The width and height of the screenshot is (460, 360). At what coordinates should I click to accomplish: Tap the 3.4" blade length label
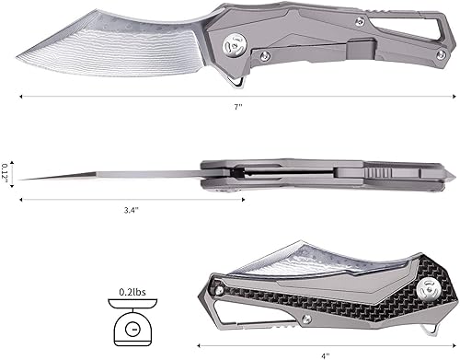132,210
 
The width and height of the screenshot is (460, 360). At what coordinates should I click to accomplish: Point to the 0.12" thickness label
8,172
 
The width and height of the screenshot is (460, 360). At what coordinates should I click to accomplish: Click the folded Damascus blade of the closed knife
276,262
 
